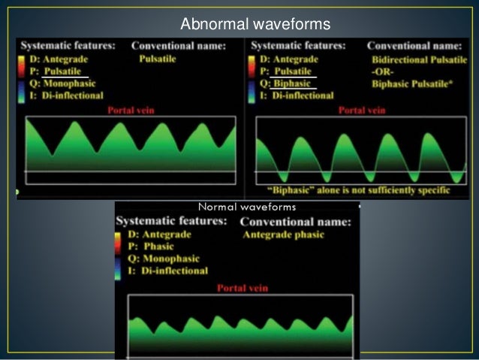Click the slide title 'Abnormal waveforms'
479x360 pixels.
coord(255,25)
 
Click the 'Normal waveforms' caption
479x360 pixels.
coord(247,207)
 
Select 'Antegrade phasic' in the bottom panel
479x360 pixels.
coord(284,235)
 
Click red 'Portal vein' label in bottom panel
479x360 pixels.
coord(243,287)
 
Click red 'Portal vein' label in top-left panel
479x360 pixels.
coord(132,110)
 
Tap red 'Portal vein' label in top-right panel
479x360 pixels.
coord(362,110)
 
